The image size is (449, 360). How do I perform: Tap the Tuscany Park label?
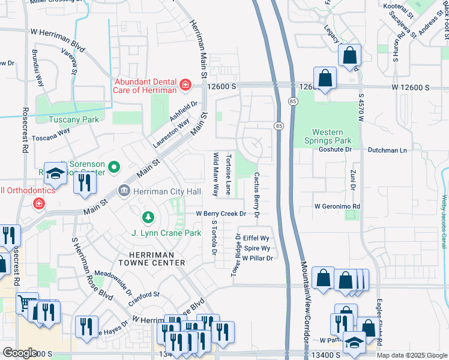[75, 119]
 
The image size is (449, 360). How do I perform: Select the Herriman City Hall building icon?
[124, 191]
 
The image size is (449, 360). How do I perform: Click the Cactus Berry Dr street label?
[256, 194]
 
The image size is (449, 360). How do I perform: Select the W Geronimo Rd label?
[337, 206]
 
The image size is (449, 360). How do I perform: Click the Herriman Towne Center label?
[146, 259]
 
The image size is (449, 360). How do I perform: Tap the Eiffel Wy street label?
[255, 238]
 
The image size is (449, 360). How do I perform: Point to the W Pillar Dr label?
[258, 258]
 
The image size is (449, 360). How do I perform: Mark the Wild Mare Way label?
[215, 175]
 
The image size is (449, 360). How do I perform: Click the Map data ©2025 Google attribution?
[411, 355]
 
